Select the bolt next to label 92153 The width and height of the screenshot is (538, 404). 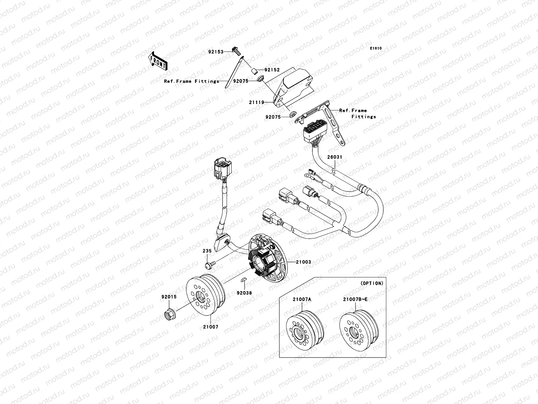tap(237, 52)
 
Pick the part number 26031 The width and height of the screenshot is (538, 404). tap(336, 157)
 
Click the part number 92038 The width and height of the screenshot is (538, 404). tap(244, 293)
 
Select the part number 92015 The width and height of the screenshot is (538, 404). tap(169, 297)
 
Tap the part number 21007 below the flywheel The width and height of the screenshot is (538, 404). tap(210, 327)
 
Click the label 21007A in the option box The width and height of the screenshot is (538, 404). tap(301, 299)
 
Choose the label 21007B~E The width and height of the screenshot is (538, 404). tap(355, 299)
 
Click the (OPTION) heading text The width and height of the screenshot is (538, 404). tap(372, 283)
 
